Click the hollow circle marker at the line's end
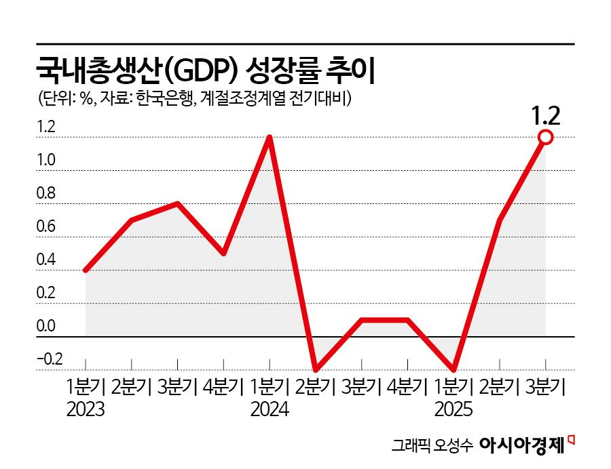546,138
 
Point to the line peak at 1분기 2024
270,138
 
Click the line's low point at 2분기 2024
316,369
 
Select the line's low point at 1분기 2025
453,369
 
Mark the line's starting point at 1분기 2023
86,270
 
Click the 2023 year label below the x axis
86,410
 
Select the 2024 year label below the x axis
270,410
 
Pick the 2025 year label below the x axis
453,410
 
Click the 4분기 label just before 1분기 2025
407,388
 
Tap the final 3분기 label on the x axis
546,388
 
